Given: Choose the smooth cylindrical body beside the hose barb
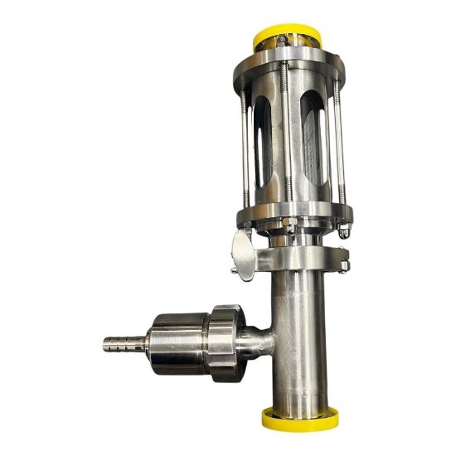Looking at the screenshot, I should (x=174, y=341).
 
